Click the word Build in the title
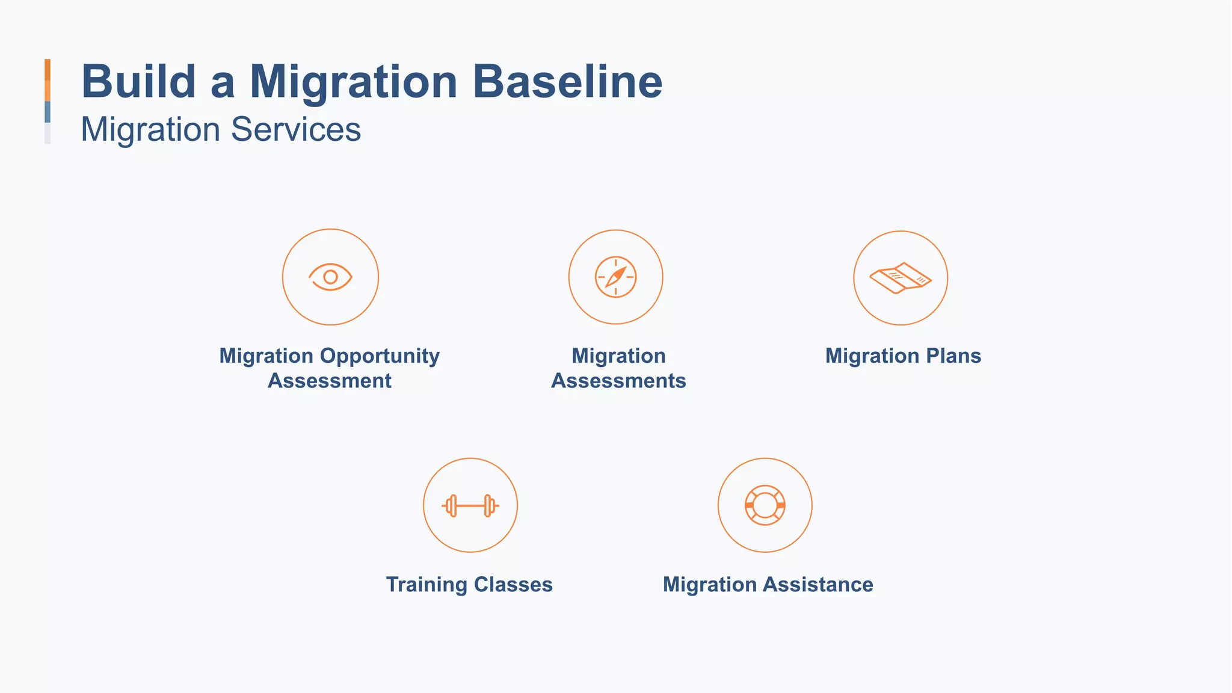138,81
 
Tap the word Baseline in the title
567,81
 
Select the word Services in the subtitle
295,129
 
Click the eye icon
330,277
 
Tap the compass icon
615,277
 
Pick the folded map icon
901,278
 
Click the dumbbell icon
470,505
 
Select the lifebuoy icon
765,505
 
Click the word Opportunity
380,356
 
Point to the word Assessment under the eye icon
330,381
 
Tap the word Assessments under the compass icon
618,381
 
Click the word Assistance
818,584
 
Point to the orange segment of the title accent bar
48,79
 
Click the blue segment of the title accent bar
48,112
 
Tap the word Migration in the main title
354,81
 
